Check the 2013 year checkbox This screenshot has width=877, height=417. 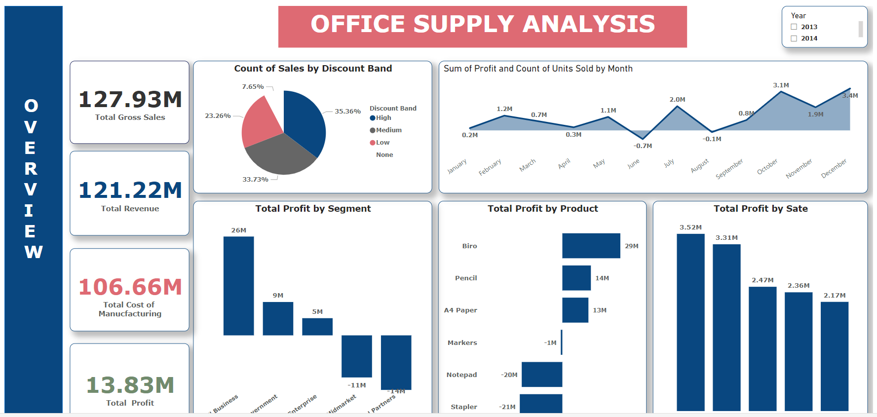point(794,27)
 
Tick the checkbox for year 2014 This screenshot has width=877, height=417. point(794,38)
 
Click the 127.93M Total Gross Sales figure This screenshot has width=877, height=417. point(130,100)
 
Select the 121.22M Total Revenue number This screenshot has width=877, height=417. point(130,190)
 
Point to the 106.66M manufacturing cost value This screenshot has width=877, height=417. point(130,287)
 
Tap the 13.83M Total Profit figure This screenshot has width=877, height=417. point(130,385)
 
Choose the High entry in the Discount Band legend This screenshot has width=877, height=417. point(383,118)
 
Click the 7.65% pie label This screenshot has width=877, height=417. point(253,87)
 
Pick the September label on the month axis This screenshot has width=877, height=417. point(729,169)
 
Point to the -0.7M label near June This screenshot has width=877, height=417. point(643,146)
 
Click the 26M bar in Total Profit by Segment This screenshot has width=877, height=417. point(238,286)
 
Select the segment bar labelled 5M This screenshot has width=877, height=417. point(317,327)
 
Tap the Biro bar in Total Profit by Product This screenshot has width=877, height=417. point(591,246)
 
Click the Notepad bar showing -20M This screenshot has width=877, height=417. point(541,375)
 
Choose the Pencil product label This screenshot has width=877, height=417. point(465,278)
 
